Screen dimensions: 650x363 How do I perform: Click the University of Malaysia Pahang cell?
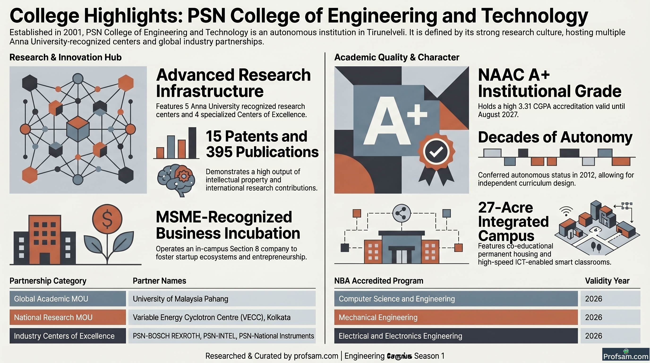point(222,299)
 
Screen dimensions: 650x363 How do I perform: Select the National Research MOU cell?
point(68,317)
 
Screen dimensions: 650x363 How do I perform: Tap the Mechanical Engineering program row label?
point(456,317)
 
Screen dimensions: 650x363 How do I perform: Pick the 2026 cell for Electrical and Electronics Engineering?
point(610,336)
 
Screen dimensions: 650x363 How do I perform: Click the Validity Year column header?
point(607,281)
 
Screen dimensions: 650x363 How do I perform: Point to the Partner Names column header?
point(159,281)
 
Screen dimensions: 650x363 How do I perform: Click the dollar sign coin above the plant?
point(107,219)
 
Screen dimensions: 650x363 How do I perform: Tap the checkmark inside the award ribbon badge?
point(436,151)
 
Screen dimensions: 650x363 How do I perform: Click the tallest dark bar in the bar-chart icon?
point(192,143)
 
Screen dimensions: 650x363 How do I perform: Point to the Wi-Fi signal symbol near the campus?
point(566,211)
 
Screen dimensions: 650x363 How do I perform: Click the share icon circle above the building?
point(402,213)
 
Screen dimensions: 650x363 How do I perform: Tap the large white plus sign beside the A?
point(417,115)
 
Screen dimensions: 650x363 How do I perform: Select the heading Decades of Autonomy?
point(555,138)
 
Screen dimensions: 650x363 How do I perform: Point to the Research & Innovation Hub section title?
point(66,57)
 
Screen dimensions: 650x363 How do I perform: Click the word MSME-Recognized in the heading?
point(224,217)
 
